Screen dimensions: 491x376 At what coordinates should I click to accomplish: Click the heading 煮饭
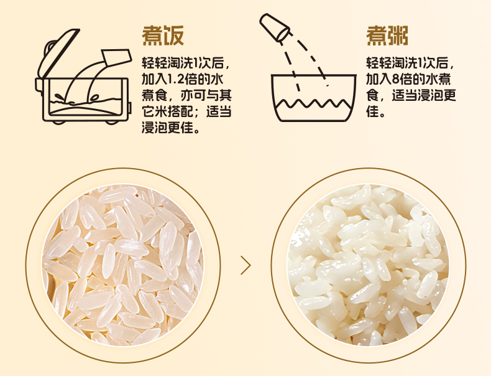click(x=163, y=36)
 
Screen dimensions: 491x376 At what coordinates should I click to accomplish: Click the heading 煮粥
click(x=387, y=36)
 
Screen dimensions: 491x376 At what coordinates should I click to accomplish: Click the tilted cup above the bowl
click(x=274, y=27)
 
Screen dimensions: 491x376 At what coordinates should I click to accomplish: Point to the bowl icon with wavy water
click(x=313, y=98)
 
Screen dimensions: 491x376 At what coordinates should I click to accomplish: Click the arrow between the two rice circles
click(x=246, y=265)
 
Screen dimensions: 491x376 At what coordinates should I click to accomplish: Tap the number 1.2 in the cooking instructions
click(x=176, y=79)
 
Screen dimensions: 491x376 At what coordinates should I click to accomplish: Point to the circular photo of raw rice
click(x=123, y=265)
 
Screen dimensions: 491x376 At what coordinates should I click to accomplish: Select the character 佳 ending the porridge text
click(x=373, y=111)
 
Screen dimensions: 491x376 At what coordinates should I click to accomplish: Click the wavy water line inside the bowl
click(x=313, y=103)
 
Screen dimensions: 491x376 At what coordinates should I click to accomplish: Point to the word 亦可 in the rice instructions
click(x=193, y=95)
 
